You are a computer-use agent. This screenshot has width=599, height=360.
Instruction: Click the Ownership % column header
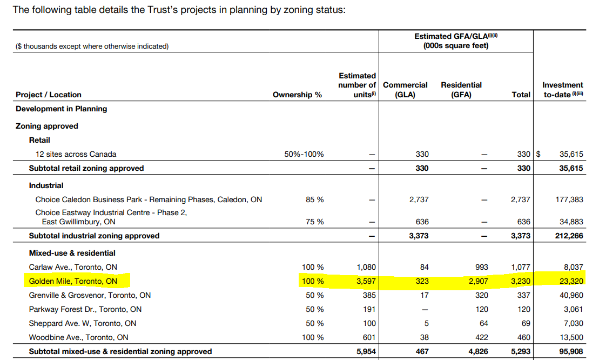pos(297,95)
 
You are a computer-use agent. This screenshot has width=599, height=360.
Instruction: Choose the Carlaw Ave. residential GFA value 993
pos(481,267)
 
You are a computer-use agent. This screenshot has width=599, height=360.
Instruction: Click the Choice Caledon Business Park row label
pos(149,199)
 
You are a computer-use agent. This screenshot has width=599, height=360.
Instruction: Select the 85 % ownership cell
pos(314,199)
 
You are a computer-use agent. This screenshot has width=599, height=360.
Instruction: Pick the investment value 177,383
pos(569,199)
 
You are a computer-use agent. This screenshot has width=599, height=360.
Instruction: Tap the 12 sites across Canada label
pos(76,154)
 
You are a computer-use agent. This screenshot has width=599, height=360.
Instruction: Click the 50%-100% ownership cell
pos(304,154)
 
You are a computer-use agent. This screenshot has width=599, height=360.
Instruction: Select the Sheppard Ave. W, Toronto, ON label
pos(83,323)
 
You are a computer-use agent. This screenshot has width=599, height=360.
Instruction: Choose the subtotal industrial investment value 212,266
pos(569,236)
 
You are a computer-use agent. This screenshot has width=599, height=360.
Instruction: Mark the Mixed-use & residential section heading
pos(72,253)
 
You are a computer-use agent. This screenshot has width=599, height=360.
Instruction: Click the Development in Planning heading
pos(61,109)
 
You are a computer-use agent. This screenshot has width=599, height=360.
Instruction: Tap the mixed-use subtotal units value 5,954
pos(366,351)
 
